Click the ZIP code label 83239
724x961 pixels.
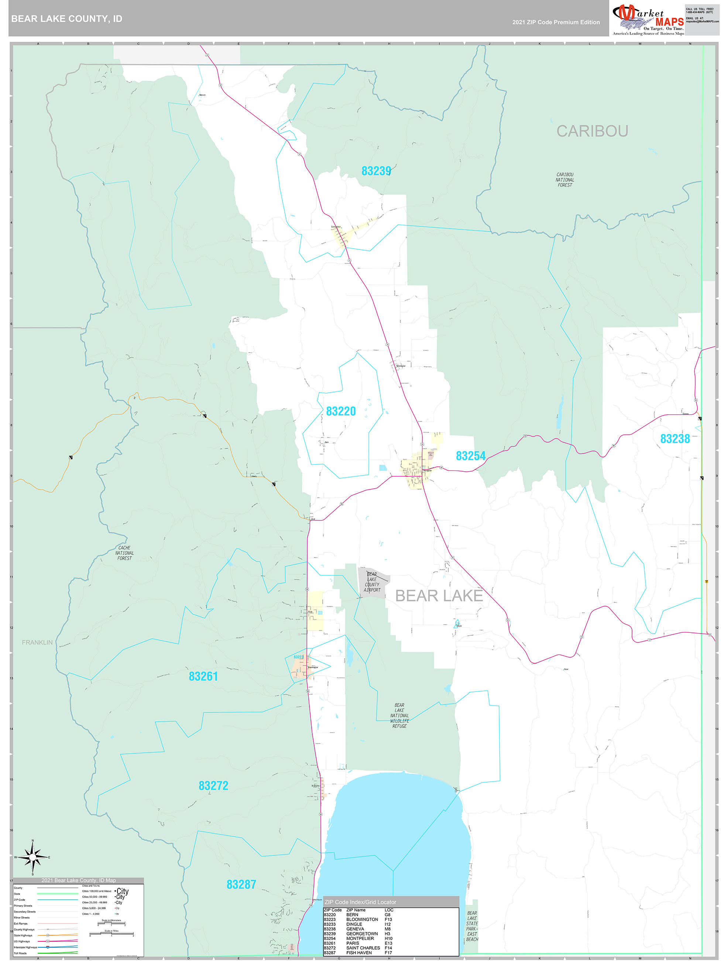click(376, 171)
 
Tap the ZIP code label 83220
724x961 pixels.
click(341, 411)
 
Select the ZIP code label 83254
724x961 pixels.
click(470, 456)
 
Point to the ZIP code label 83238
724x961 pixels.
click(675, 439)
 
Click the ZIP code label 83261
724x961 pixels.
click(203, 676)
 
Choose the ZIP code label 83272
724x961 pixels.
click(213, 785)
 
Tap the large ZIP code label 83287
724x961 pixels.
click(241, 884)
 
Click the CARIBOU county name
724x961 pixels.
click(592, 131)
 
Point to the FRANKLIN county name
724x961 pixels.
click(37, 642)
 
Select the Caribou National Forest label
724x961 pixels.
click(565, 180)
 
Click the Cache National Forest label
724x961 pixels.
click(124, 553)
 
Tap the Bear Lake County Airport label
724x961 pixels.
click(372, 582)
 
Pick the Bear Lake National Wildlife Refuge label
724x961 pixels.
click(399, 716)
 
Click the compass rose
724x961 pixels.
click(32, 857)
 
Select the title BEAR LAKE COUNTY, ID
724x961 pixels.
click(67, 19)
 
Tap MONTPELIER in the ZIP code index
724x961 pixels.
click(360, 938)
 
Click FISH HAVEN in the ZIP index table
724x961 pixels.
click(359, 953)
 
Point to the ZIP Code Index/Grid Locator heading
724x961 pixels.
click(360, 902)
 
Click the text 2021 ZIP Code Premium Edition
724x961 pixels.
click(556, 22)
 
